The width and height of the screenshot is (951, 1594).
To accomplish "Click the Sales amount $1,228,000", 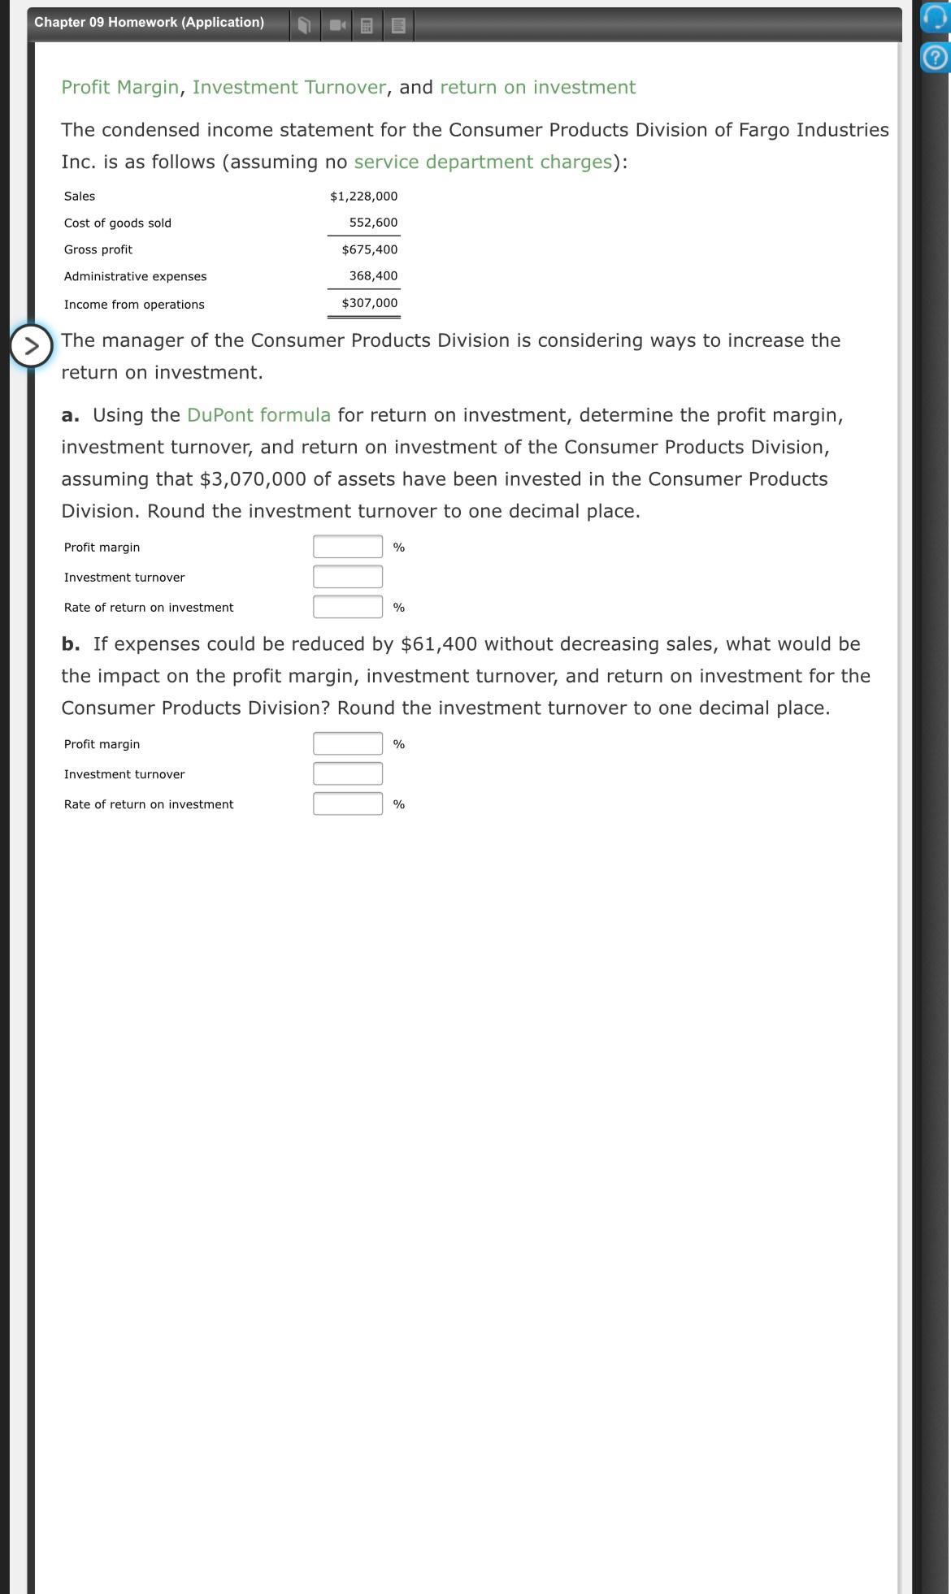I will click(x=363, y=197).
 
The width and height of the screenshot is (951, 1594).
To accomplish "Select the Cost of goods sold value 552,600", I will click(x=373, y=223).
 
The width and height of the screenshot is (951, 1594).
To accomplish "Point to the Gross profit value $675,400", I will click(x=369, y=249).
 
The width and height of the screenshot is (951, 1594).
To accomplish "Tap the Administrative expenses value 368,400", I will click(x=373, y=276).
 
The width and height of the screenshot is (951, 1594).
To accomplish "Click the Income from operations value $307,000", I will click(x=369, y=303).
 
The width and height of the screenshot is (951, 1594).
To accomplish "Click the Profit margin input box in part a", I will click(x=348, y=547).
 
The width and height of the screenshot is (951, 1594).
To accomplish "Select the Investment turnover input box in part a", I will click(x=348, y=577).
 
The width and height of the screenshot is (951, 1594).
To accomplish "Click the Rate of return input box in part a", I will click(x=348, y=607).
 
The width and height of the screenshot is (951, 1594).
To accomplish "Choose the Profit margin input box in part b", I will click(x=348, y=743).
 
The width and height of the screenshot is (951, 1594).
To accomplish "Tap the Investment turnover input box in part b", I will click(x=348, y=773).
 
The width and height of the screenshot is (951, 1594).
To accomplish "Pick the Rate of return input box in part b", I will click(x=348, y=803).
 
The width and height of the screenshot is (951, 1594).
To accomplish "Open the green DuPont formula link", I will click(x=258, y=415).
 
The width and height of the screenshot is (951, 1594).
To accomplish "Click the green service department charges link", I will click(x=483, y=162).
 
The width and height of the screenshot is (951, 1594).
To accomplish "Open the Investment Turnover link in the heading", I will click(x=289, y=87).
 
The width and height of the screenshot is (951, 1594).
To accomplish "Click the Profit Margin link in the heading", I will click(x=119, y=87).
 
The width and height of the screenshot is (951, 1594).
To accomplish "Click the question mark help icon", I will click(x=936, y=58).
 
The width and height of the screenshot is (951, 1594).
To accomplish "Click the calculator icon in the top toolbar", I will click(x=367, y=26).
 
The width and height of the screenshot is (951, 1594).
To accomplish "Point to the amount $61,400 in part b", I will click(x=439, y=644).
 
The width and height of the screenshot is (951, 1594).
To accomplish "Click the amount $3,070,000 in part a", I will click(x=253, y=479).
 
